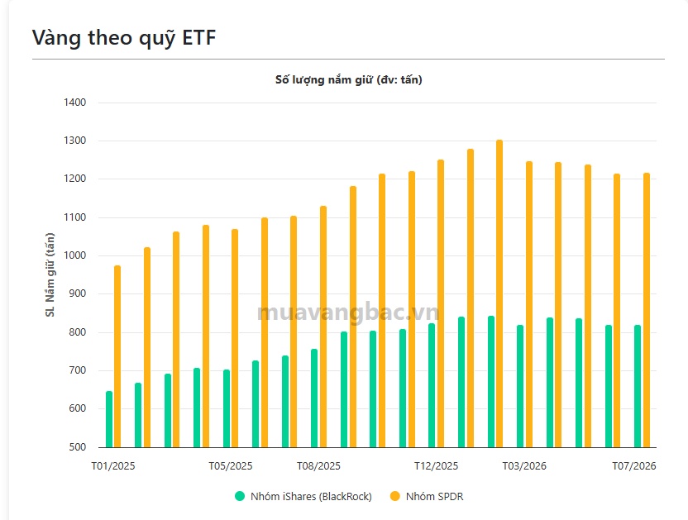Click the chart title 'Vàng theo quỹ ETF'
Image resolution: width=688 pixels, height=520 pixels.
[x=124, y=38]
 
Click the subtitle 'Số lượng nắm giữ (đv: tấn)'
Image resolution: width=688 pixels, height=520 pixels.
[x=349, y=80]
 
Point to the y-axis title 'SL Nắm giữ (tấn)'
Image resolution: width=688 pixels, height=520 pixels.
[x=50, y=274]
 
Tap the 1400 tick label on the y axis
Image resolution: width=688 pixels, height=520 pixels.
[x=75, y=103]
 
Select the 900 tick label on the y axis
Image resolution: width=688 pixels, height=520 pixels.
[x=78, y=293]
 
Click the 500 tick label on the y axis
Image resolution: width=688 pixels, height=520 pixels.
[x=78, y=446]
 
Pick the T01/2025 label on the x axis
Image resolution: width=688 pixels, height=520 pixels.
[x=113, y=466]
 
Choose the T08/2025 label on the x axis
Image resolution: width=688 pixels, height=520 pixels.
[x=318, y=466]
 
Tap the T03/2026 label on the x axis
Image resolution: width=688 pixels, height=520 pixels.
[x=524, y=466]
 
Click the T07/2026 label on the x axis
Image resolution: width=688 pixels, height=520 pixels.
[x=634, y=466]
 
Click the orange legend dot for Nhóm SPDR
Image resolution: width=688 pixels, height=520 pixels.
[x=395, y=496]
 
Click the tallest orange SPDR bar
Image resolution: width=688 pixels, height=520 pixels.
[x=499, y=293]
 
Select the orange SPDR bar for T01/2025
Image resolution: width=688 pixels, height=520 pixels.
[x=117, y=356]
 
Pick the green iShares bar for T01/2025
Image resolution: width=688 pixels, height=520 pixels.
[x=109, y=419]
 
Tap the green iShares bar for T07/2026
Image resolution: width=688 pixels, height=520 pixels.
[x=637, y=386]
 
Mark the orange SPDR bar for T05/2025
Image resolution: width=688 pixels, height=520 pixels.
[x=235, y=338]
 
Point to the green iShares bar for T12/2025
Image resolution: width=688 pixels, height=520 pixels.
[x=432, y=385]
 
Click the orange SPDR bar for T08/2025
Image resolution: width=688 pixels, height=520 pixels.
[x=323, y=327]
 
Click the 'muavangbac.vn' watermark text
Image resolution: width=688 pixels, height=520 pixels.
[x=348, y=312]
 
